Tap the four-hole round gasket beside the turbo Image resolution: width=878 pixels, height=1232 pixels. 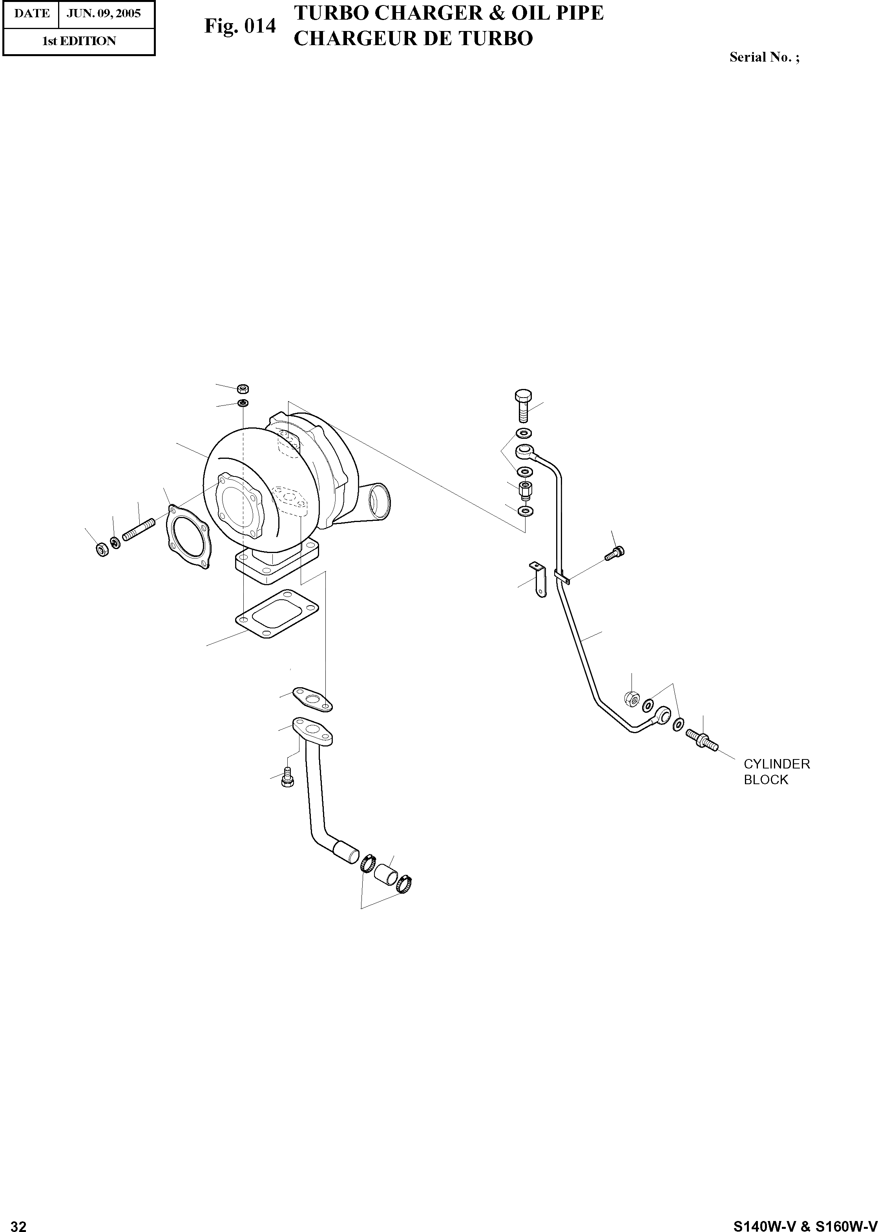(188, 538)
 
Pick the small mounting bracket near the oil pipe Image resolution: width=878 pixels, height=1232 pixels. (539, 579)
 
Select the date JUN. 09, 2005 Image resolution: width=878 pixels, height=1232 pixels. (104, 13)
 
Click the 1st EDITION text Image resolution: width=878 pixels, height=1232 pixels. (79, 41)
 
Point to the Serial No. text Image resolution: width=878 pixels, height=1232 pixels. (764, 57)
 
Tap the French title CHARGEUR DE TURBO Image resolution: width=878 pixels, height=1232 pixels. (413, 38)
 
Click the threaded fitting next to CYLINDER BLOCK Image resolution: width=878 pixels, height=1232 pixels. (702, 739)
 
